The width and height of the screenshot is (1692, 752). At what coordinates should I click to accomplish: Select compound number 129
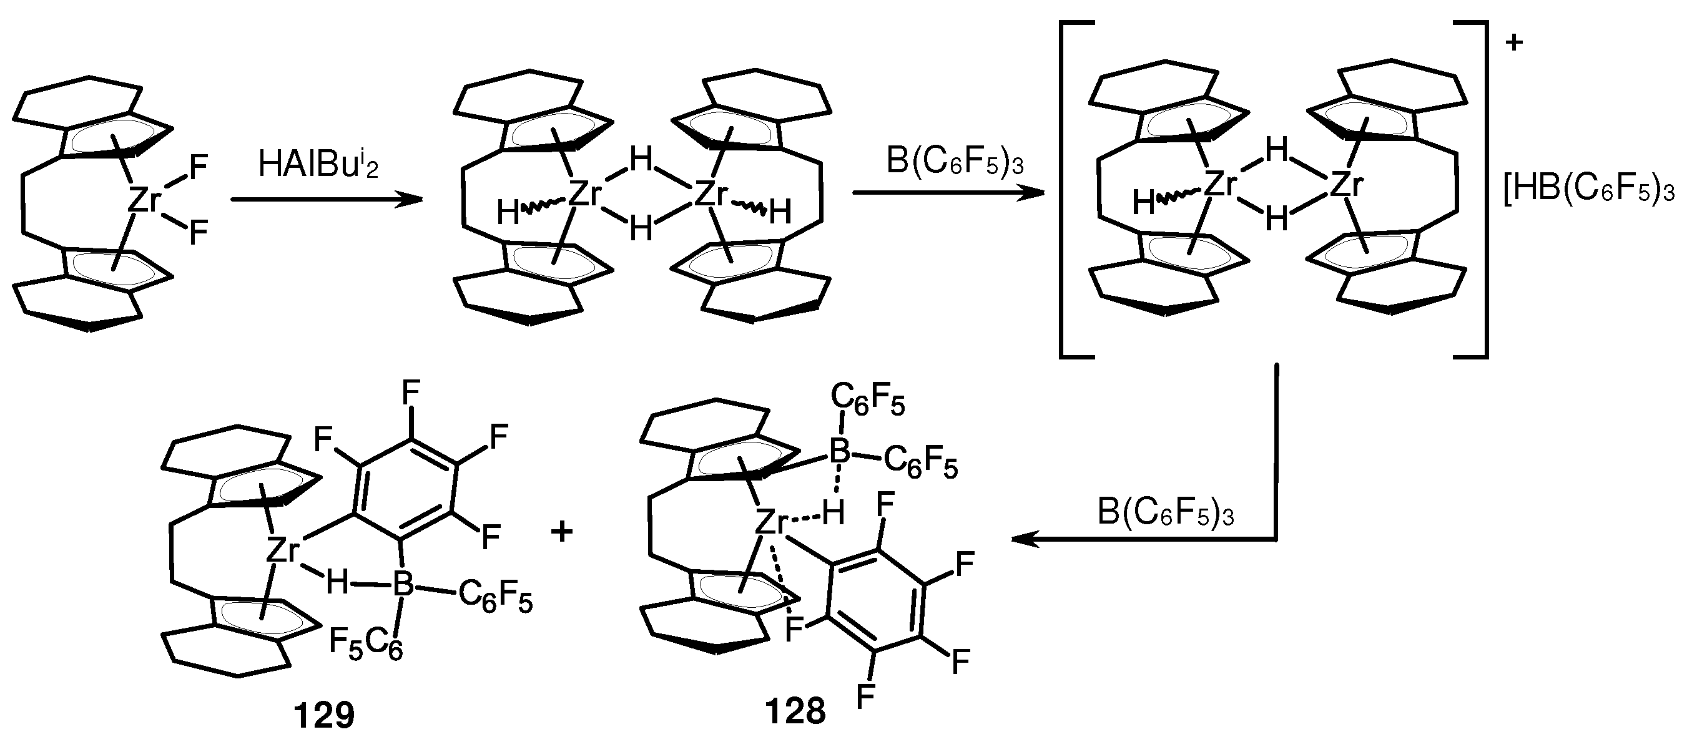pos(325,716)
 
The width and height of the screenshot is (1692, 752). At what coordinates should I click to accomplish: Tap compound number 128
pos(795,711)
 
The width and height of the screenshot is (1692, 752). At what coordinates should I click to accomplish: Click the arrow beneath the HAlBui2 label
pos(326,200)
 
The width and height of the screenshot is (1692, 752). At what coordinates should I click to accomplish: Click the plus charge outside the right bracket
pos(1513,43)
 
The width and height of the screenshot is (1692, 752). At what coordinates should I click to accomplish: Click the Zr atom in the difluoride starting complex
pos(144,200)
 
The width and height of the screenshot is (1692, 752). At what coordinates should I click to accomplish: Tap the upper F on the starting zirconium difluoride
pos(199,167)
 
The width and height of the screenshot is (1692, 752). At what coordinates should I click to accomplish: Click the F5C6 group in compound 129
pos(366,643)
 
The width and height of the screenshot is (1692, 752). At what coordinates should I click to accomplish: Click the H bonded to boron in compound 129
pos(337,582)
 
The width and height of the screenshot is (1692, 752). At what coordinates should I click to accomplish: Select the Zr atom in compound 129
pos(283,550)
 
